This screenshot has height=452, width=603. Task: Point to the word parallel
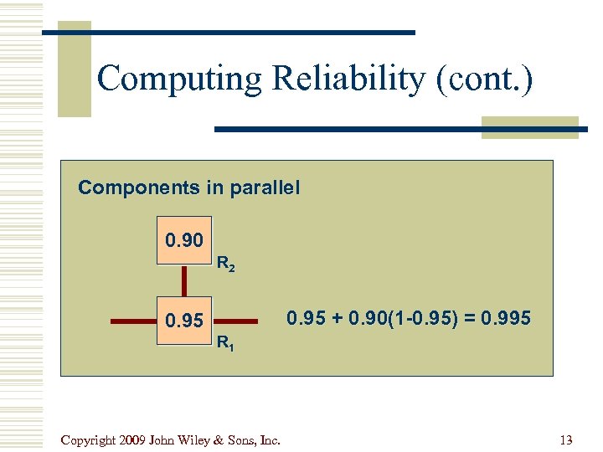(261, 187)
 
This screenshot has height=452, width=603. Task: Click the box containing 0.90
(184, 241)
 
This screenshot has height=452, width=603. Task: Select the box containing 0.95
(184, 321)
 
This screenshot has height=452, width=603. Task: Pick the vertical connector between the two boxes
(184, 280)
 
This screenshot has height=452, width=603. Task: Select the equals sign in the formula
(466, 318)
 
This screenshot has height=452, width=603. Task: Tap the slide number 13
(564, 440)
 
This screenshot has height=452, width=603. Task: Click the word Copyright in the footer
(88, 440)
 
